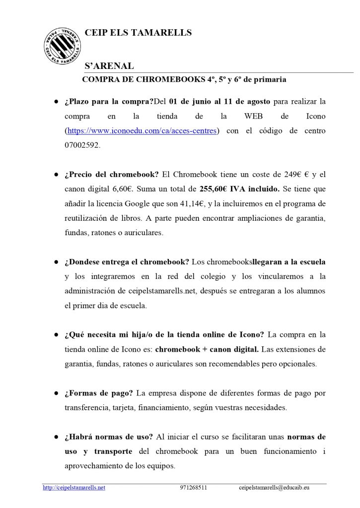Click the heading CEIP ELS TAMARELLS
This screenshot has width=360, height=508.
pyautogui.click(x=138, y=33)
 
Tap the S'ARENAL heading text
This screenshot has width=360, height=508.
pyautogui.click(x=109, y=66)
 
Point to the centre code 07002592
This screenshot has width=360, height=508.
pyautogui.click(x=82, y=145)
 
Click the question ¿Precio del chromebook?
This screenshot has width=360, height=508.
pyautogui.click(x=112, y=175)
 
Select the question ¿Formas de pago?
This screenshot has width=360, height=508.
pyautogui.click(x=98, y=393)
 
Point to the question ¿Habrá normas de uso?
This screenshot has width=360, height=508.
pyautogui.click(x=109, y=437)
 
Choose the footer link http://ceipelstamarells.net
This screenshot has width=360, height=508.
pyautogui.click(x=74, y=488)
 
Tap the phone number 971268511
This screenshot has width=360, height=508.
pyautogui.click(x=194, y=488)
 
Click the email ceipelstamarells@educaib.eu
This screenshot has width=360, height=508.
pyautogui.click(x=274, y=488)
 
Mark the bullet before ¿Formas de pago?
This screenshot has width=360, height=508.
pyautogui.click(x=57, y=394)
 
